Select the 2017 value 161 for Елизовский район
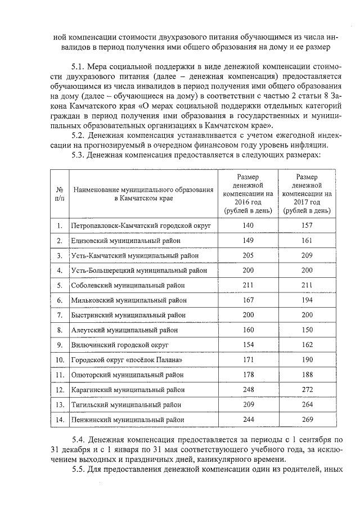[x=307, y=241]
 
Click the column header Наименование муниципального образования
[x=143, y=193]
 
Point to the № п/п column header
[x=59, y=193]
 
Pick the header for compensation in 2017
[x=307, y=193]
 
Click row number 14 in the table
[x=59, y=419]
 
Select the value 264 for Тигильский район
[x=307, y=404]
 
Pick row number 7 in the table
[x=59, y=315]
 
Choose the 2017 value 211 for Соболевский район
[x=307, y=285]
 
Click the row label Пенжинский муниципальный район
[x=127, y=419]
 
